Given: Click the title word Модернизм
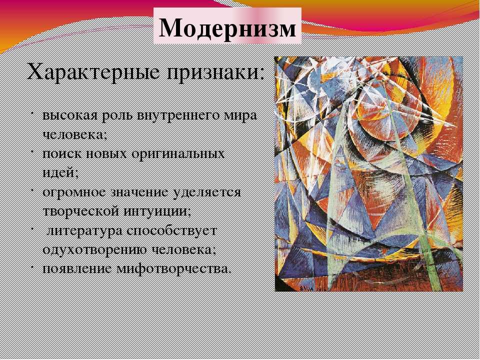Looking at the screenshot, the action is [x=227, y=28].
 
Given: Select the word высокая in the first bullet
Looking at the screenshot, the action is [x=70, y=116].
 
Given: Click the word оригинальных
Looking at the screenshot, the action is [x=178, y=154].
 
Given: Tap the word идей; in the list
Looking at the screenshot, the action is [x=60, y=173].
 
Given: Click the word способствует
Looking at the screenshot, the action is [x=171, y=231].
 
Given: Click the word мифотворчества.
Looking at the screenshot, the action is [x=172, y=269].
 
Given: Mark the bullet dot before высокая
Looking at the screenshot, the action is [x=32, y=114].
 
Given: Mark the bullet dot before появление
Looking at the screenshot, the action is [x=32, y=266].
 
